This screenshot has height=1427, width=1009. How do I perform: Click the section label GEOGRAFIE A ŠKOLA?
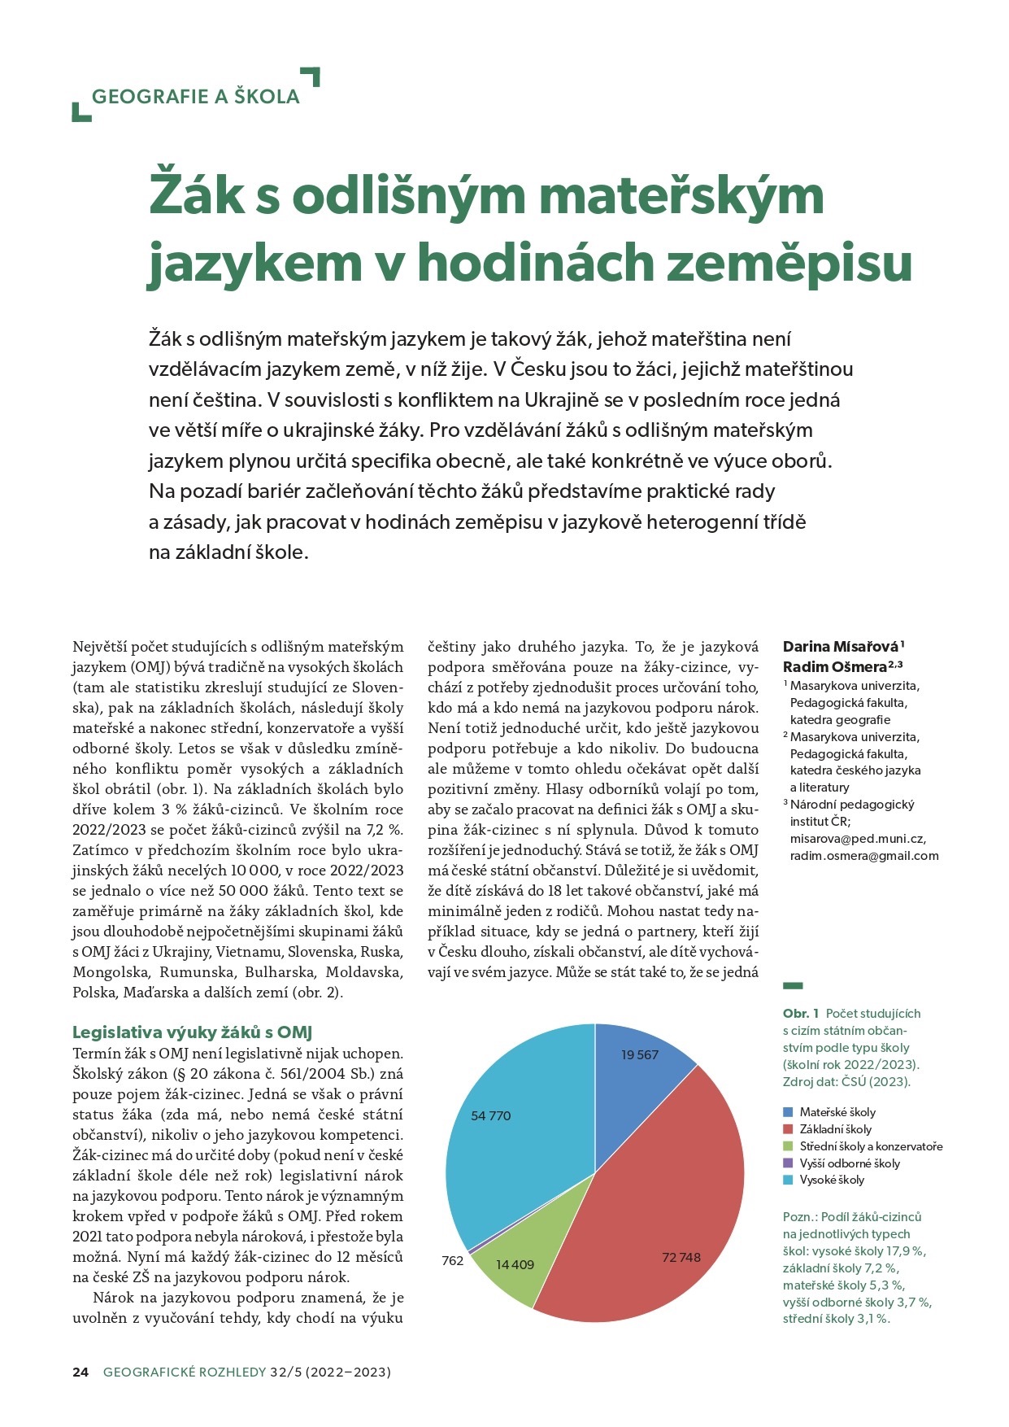195,96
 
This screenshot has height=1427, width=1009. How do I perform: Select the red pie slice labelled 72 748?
650,1220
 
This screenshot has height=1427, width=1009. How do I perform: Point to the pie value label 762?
453,1261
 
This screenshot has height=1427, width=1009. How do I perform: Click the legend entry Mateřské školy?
837,1112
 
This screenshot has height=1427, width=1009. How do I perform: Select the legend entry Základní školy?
835,1129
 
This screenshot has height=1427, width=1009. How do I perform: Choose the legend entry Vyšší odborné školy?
849,1163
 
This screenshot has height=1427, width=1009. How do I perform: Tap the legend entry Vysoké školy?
831,1180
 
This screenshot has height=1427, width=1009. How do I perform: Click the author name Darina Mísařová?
841,647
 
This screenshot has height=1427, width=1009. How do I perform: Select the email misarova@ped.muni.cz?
858,838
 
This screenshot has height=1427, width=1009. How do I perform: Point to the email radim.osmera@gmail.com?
864,855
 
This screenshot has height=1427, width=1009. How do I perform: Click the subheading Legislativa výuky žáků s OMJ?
193,1032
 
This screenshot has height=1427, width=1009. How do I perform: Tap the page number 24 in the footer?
80,1372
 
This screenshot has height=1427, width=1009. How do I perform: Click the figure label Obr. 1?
801,1014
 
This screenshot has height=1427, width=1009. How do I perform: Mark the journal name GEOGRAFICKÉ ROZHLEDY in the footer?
185,1372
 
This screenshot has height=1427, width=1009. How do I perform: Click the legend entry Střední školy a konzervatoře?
870,1146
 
